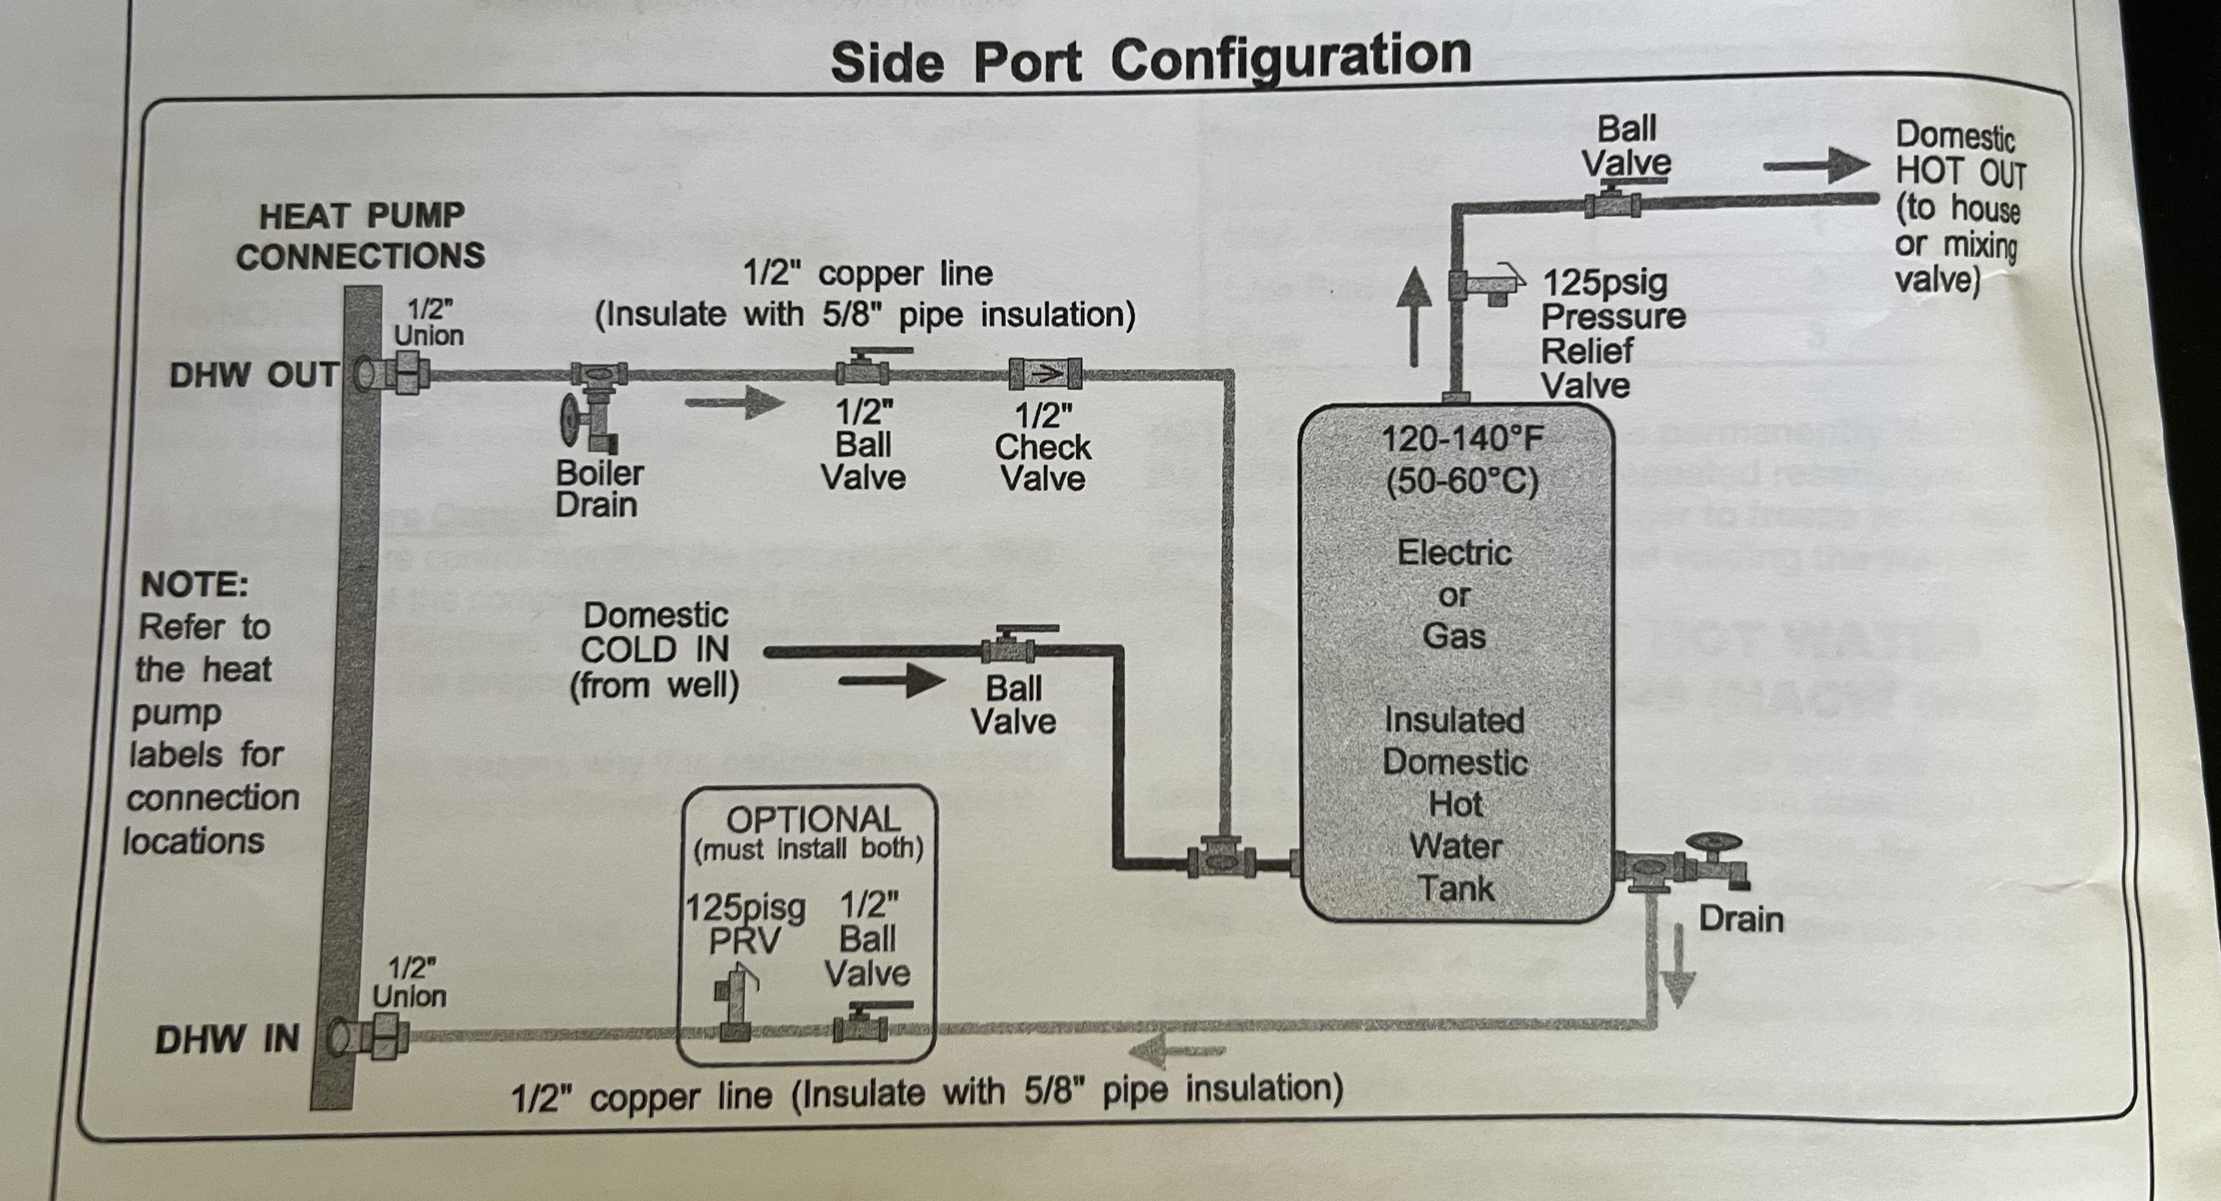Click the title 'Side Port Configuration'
click(1150, 59)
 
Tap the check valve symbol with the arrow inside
click(1046, 374)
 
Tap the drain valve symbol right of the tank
click(1716, 862)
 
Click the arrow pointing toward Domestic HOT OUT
click(1816, 165)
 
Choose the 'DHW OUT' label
click(253, 375)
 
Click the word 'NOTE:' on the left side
click(194, 584)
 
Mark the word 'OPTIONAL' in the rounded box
click(812, 819)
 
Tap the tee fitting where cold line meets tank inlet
click(1221, 860)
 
